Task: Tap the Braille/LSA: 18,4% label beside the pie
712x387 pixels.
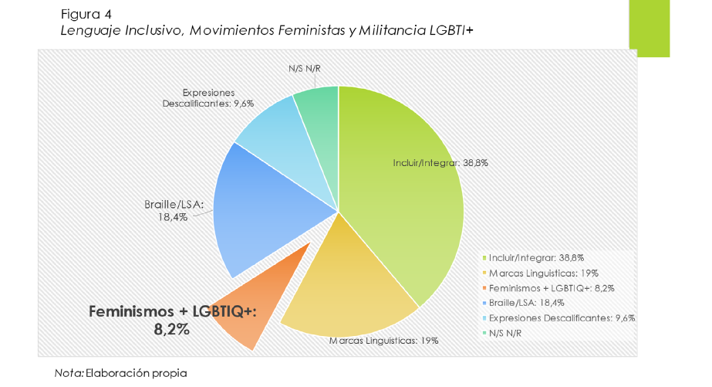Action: tap(174, 211)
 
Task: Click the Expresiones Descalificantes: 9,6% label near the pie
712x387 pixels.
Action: tap(208, 97)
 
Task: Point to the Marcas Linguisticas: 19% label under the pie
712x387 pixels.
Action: tap(383, 340)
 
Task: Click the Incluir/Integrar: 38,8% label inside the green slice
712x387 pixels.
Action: tap(440, 163)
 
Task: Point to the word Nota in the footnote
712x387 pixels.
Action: tap(68, 372)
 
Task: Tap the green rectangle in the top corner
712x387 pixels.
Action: tap(649, 28)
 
